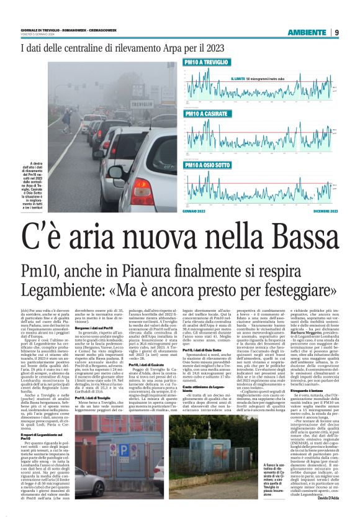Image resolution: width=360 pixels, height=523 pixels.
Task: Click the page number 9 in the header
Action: [336, 32]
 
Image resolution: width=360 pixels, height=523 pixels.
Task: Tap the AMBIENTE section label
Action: [306, 32]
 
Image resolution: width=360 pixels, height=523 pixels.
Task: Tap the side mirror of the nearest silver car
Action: [115, 171]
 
